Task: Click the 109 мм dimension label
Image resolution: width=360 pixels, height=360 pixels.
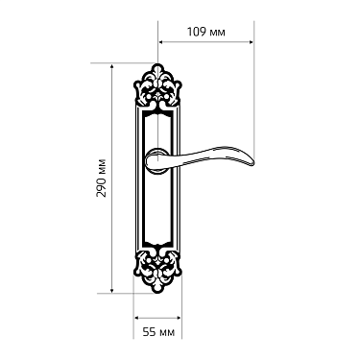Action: [204, 32]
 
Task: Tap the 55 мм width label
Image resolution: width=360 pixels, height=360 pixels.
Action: [159, 331]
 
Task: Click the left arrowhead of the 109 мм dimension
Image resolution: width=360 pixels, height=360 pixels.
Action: [162, 42]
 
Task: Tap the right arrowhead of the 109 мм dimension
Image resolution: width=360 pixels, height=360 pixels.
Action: [252, 42]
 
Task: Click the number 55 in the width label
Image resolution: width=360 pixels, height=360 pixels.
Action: [150, 331]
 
